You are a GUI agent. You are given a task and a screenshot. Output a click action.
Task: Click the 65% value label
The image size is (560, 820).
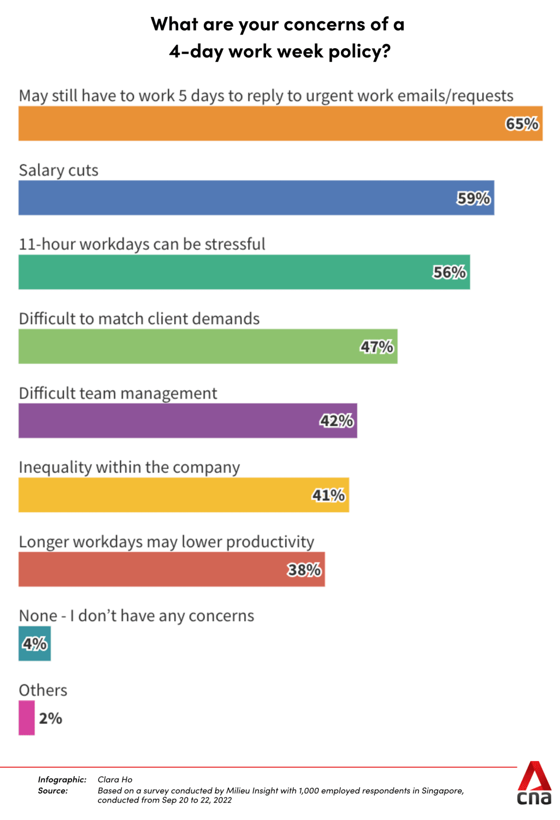coord(522,124)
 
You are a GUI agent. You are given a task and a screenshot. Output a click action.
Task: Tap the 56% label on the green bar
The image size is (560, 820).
coord(449,272)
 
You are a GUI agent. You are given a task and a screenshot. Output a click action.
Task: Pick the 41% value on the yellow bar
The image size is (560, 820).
coord(328,495)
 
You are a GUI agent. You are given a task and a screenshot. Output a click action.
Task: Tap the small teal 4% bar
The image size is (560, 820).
coord(34,644)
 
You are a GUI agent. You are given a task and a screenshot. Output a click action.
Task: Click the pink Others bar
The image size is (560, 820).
coord(27,718)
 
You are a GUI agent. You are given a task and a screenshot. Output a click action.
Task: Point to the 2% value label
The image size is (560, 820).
coord(51,718)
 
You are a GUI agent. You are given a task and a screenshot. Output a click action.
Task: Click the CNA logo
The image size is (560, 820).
coord(534,784)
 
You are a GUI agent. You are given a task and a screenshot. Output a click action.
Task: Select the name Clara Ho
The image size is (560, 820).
coord(115,780)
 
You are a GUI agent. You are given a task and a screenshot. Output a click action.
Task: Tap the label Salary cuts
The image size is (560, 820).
coord(58,171)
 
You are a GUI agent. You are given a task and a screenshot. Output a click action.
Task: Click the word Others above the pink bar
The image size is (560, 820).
coord(43,690)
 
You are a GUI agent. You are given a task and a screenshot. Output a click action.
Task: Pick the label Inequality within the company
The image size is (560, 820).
coord(129,468)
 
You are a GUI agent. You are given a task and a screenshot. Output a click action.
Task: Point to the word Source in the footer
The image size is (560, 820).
coord(52,790)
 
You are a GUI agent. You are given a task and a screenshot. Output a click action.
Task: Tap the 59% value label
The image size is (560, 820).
coord(473,198)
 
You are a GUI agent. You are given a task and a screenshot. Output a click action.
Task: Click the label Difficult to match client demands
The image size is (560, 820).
coord(139,319)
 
